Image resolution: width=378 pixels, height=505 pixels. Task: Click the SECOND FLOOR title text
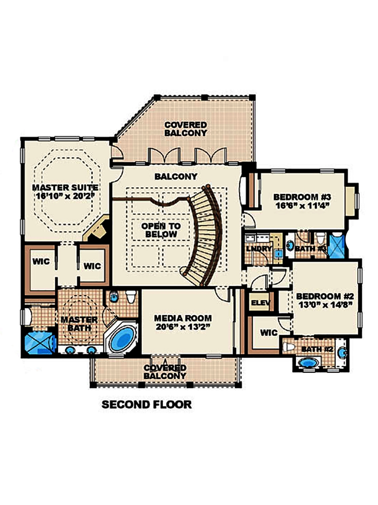click(147, 404)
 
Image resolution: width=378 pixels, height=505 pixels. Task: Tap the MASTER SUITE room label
click(65, 188)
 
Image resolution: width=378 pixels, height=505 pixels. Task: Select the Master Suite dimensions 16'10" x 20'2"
click(65, 196)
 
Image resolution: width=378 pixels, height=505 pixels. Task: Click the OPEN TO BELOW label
click(161, 230)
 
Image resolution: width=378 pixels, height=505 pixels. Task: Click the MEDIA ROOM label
click(183, 319)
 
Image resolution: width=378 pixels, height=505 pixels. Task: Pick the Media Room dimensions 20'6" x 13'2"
click(183, 327)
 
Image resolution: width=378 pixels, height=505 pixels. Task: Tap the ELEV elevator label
click(261, 303)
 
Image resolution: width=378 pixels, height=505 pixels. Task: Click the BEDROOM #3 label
click(302, 197)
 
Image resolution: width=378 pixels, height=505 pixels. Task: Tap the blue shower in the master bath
click(39, 342)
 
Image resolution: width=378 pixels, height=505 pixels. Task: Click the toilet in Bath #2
click(289, 347)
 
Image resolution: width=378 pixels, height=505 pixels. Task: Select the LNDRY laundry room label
click(259, 249)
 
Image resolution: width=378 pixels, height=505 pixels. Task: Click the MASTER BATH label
click(79, 324)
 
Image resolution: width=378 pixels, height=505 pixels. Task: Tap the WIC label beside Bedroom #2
click(269, 333)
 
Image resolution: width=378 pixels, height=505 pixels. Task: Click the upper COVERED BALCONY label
click(186, 129)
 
